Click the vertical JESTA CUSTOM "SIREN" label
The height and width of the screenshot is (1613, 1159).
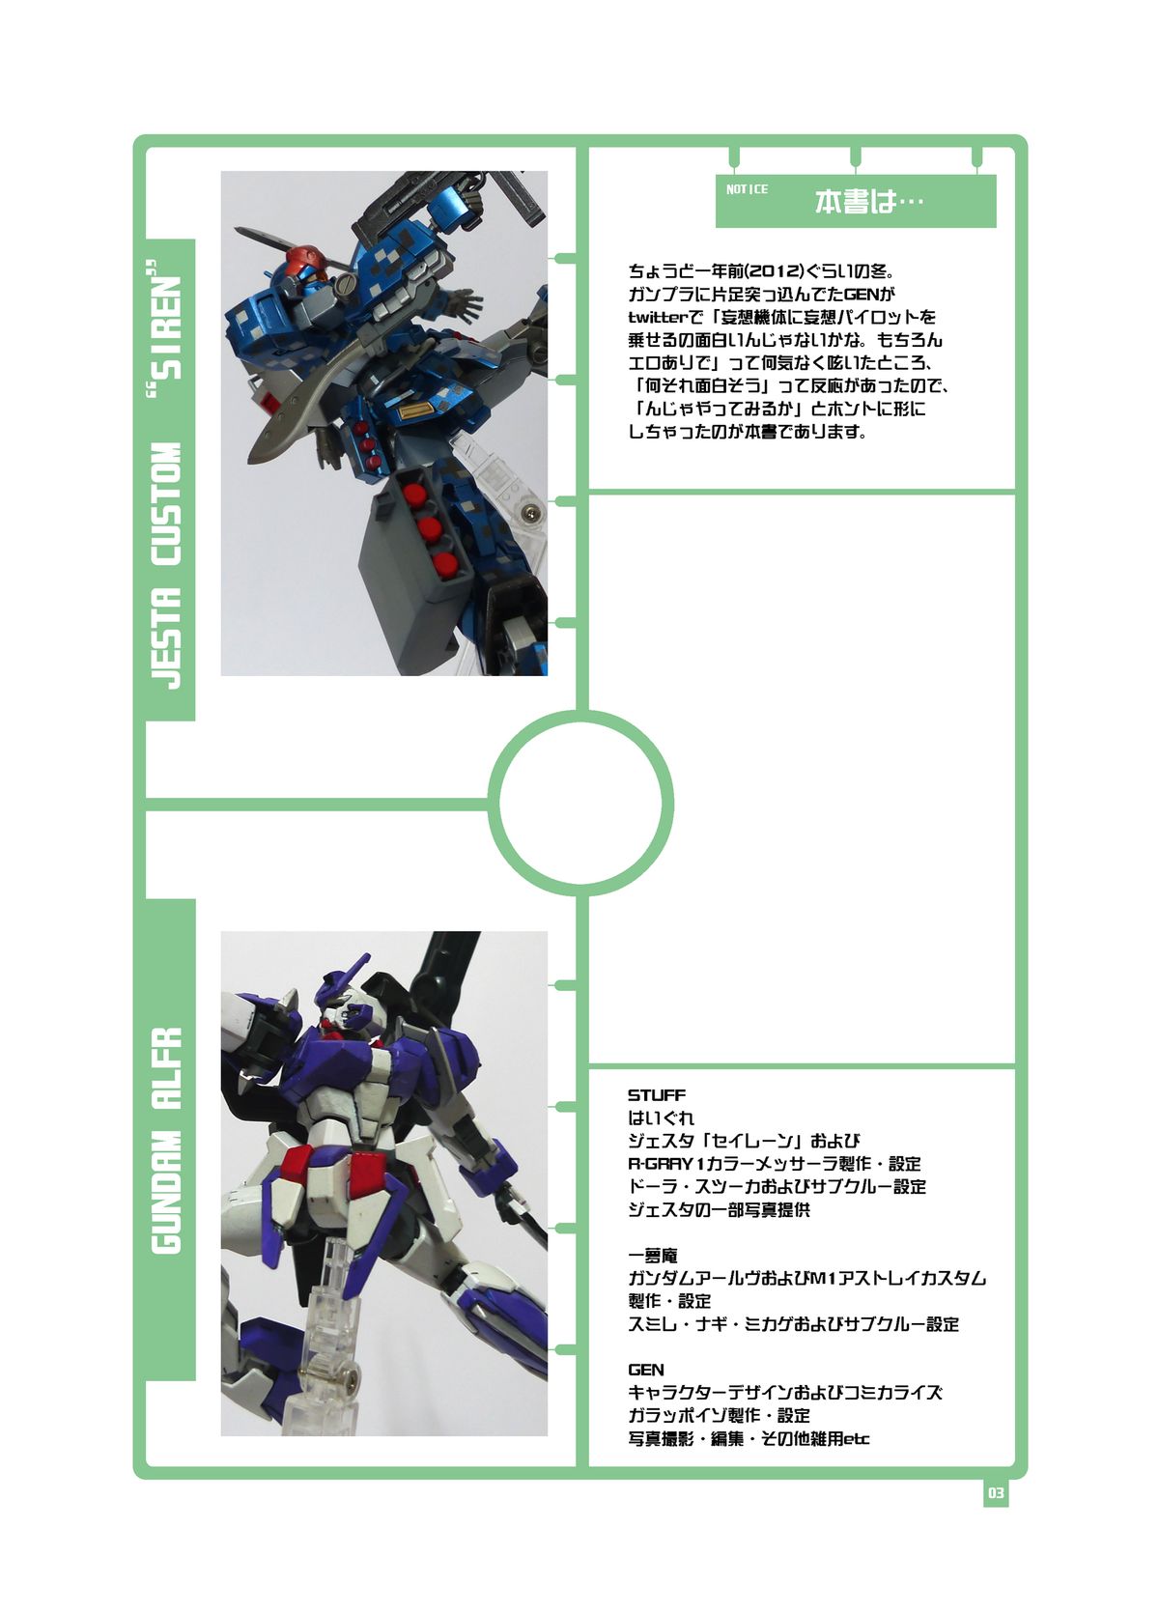(x=168, y=478)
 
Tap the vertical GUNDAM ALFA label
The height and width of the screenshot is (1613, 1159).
(x=168, y=1140)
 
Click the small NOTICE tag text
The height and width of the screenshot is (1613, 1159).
(x=747, y=189)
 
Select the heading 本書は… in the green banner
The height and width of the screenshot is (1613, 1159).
(x=869, y=202)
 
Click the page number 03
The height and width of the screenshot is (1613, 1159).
(x=996, y=1493)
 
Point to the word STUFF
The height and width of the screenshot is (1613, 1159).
(x=657, y=1095)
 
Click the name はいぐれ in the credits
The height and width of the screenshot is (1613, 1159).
(x=661, y=1118)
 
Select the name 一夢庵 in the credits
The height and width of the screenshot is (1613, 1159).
(x=653, y=1256)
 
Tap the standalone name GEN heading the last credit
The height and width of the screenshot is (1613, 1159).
(x=645, y=1370)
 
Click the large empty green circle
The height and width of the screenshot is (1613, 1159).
(x=580, y=802)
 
